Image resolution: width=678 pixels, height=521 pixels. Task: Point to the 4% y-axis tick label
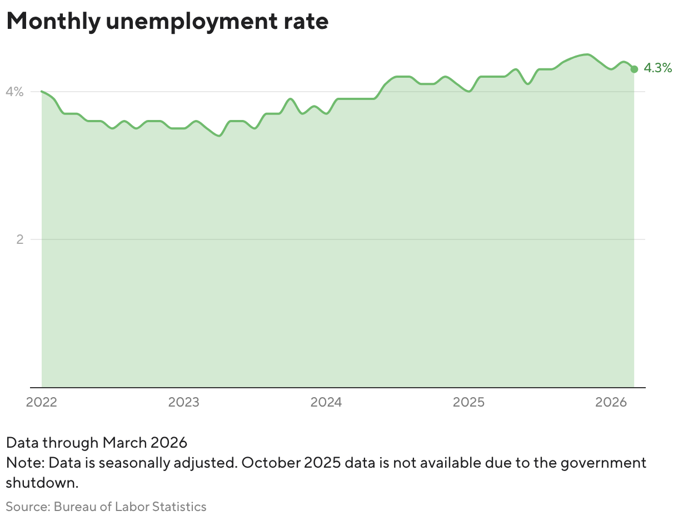pos(14,92)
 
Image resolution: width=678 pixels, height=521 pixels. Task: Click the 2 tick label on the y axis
pos(21,239)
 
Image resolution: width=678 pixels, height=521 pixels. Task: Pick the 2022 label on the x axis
pos(42,402)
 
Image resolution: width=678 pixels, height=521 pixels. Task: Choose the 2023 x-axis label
pos(184,402)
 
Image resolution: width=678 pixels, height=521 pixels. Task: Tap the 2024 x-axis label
pos(326,402)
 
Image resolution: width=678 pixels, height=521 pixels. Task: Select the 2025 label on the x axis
pos(468,402)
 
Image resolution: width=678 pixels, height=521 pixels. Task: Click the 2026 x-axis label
pos(611,402)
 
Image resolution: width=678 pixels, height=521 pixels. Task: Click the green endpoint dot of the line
pos(634,69)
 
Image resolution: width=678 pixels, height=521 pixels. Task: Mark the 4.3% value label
pos(658,68)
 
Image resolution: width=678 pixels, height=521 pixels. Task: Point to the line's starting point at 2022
pos(42,91)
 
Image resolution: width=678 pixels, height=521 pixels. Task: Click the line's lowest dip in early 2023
pos(220,136)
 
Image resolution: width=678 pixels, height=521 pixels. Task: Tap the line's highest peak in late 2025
pos(587,54)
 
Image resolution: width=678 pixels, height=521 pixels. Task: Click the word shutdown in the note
pos(41,483)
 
